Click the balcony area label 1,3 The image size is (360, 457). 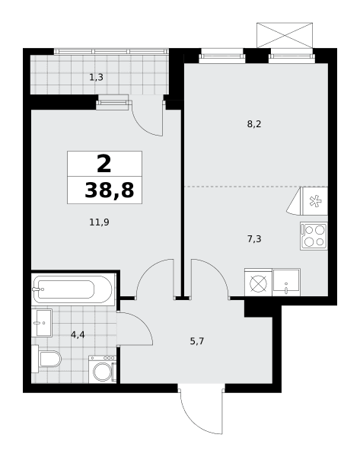coord(96,78)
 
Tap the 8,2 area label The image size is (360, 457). coord(254,124)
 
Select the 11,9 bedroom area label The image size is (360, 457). coord(99,222)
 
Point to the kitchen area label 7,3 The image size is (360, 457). coord(254,239)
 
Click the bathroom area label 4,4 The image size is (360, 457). coord(78,335)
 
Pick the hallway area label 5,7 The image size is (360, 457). coord(197,341)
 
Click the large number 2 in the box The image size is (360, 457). coord(104,164)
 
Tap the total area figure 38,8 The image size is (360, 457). coord(110,190)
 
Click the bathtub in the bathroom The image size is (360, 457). coord(73,289)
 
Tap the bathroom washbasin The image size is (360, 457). coord(42,323)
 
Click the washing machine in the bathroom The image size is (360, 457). coord(103,369)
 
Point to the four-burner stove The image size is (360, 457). coord(314,236)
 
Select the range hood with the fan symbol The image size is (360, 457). coord(307,201)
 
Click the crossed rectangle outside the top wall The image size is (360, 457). coord(285,35)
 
